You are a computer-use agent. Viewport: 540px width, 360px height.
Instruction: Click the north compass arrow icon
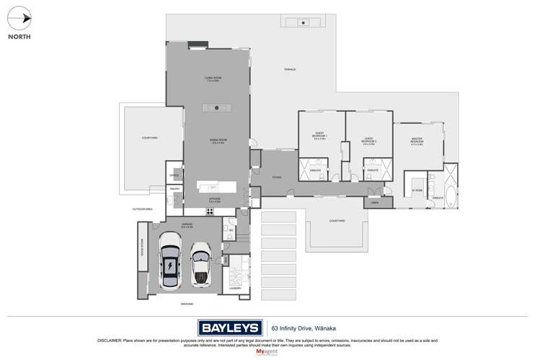24,17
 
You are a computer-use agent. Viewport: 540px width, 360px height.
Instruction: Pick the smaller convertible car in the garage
200,263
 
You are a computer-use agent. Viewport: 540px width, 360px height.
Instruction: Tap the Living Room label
212,79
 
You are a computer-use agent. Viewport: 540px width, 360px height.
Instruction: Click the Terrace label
290,69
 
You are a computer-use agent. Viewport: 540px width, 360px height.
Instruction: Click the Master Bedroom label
417,141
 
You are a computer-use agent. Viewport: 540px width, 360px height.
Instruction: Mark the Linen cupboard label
375,203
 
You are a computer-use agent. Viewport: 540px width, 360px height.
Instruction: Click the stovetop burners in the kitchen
211,211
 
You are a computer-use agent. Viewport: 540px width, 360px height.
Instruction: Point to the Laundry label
235,288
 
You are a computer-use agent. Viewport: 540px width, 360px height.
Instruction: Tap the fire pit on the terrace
304,23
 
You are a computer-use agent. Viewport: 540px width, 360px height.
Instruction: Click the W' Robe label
416,190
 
